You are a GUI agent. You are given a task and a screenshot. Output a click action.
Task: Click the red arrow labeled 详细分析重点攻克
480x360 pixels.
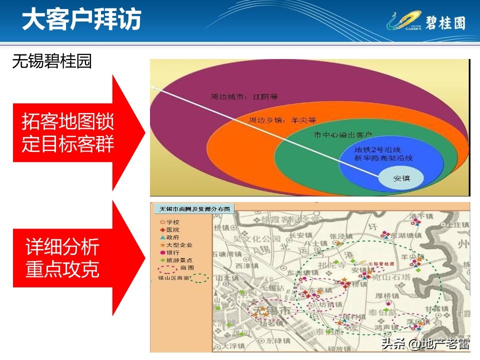tap(70, 258)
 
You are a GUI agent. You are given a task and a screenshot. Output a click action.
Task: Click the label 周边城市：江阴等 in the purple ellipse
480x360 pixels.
tap(244, 97)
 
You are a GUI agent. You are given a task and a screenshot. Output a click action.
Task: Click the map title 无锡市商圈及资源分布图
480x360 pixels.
tap(192, 209)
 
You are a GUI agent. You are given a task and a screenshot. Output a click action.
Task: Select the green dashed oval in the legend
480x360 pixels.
tap(199, 278)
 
